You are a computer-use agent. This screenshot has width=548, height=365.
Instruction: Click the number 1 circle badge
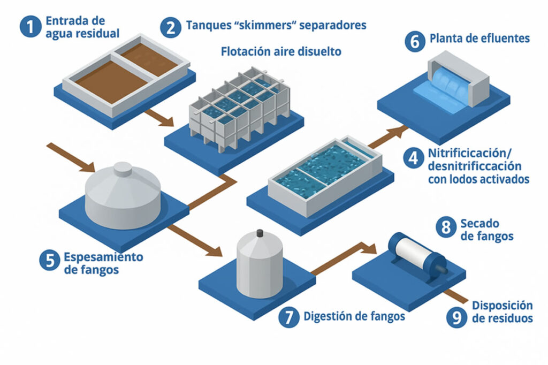click(x=31, y=26)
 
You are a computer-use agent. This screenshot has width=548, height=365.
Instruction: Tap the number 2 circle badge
click(x=171, y=26)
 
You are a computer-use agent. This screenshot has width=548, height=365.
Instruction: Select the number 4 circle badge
click(x=414, y=159)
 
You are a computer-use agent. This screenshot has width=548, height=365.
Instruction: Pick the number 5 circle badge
click(x=50, y=261)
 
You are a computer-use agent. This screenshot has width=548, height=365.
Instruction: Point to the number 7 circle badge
click(x=289, y=317)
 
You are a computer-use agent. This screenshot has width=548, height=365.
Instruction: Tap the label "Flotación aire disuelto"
click(x=281, y=52)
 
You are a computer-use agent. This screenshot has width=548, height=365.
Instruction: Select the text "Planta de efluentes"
click(x=479, y=39)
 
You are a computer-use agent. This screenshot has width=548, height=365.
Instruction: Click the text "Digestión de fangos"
click(x=354, y=316)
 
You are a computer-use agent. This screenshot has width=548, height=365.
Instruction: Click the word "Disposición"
click(x=503, y=306)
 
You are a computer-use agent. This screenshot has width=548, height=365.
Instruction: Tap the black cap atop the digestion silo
click(x=260, y=233)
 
